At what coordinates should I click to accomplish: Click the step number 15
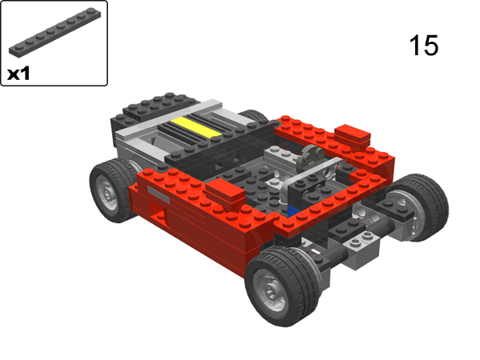pos(424,45)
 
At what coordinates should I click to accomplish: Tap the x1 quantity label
pos(20,74)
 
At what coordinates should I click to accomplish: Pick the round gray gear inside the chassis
pos(309,160)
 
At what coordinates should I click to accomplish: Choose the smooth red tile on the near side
pos(226,191)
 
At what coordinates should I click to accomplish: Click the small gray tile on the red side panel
pos(158,194)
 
